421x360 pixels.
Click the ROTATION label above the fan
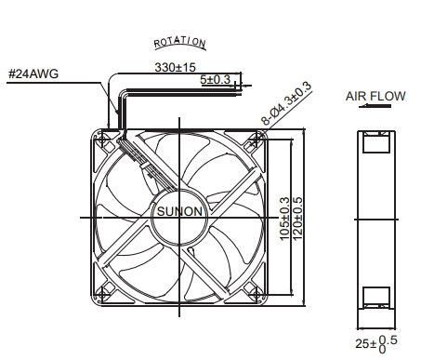coord(179,42)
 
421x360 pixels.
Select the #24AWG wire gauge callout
coord(33,74)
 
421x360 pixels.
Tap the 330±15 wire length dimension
coord(176,67)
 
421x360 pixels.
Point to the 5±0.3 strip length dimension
coord(216,79)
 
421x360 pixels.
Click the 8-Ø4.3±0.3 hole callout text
coord(285,103)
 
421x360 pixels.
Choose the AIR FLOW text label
coord(375,96)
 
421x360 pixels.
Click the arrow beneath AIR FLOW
coord(375,106)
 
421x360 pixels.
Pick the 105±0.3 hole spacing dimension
coord(284,219)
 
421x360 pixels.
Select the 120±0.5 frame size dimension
coord(297,219)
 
